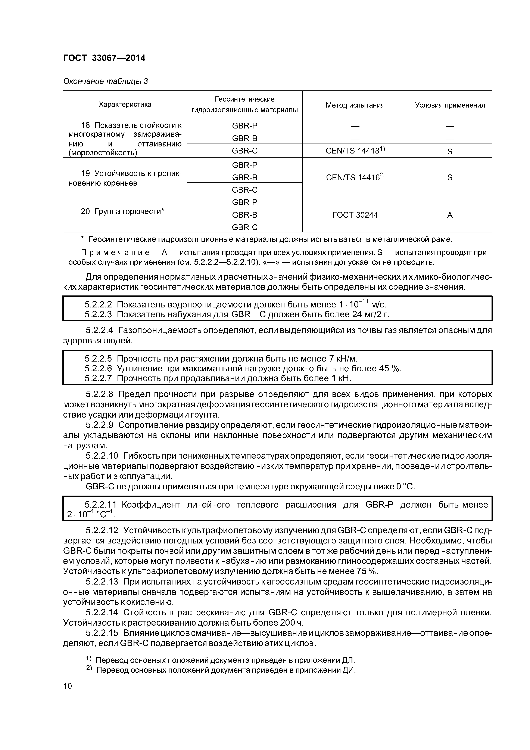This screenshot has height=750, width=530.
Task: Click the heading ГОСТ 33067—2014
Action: (104, 58)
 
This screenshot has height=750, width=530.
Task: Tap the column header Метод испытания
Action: (355, 105)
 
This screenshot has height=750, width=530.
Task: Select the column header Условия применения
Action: (450, 105)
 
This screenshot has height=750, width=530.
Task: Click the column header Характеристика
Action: (125, 105)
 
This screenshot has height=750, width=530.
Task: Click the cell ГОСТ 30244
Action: (355, 215)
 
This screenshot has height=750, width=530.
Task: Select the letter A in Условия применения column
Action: (450, 215)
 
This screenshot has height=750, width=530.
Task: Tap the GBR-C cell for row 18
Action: (244, 151)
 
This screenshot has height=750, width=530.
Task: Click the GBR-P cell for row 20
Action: (244, 202)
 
